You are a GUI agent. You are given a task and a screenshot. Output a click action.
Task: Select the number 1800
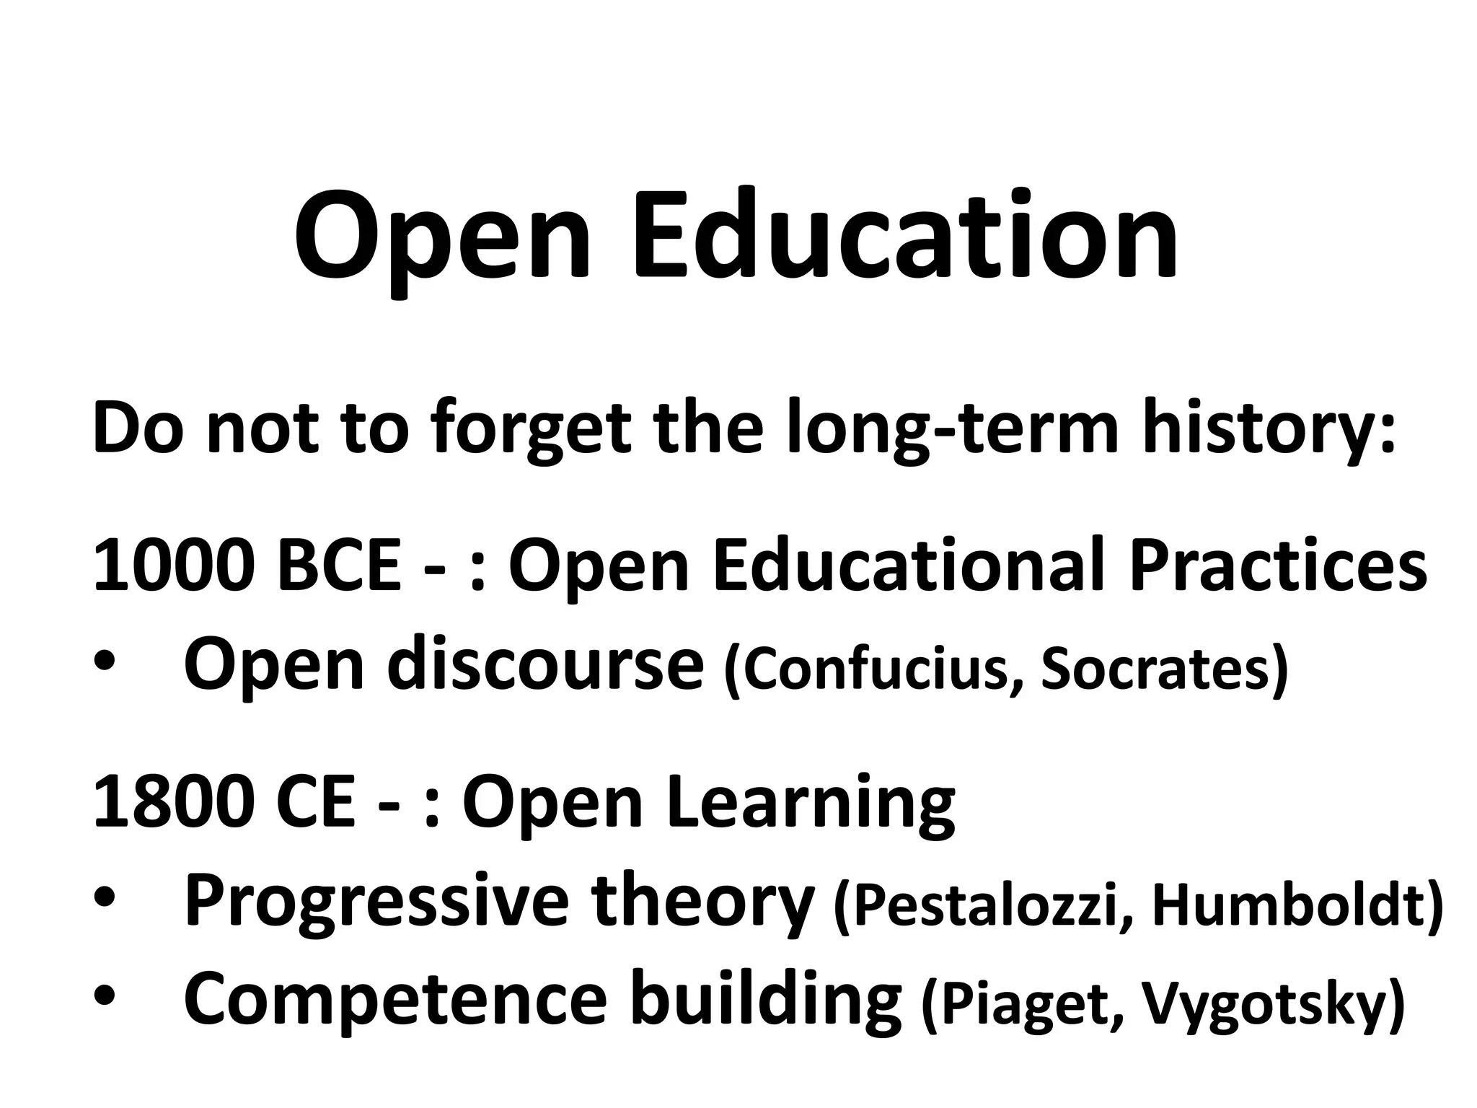point(174,803)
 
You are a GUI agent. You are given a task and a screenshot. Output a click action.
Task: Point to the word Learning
point(811,803)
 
